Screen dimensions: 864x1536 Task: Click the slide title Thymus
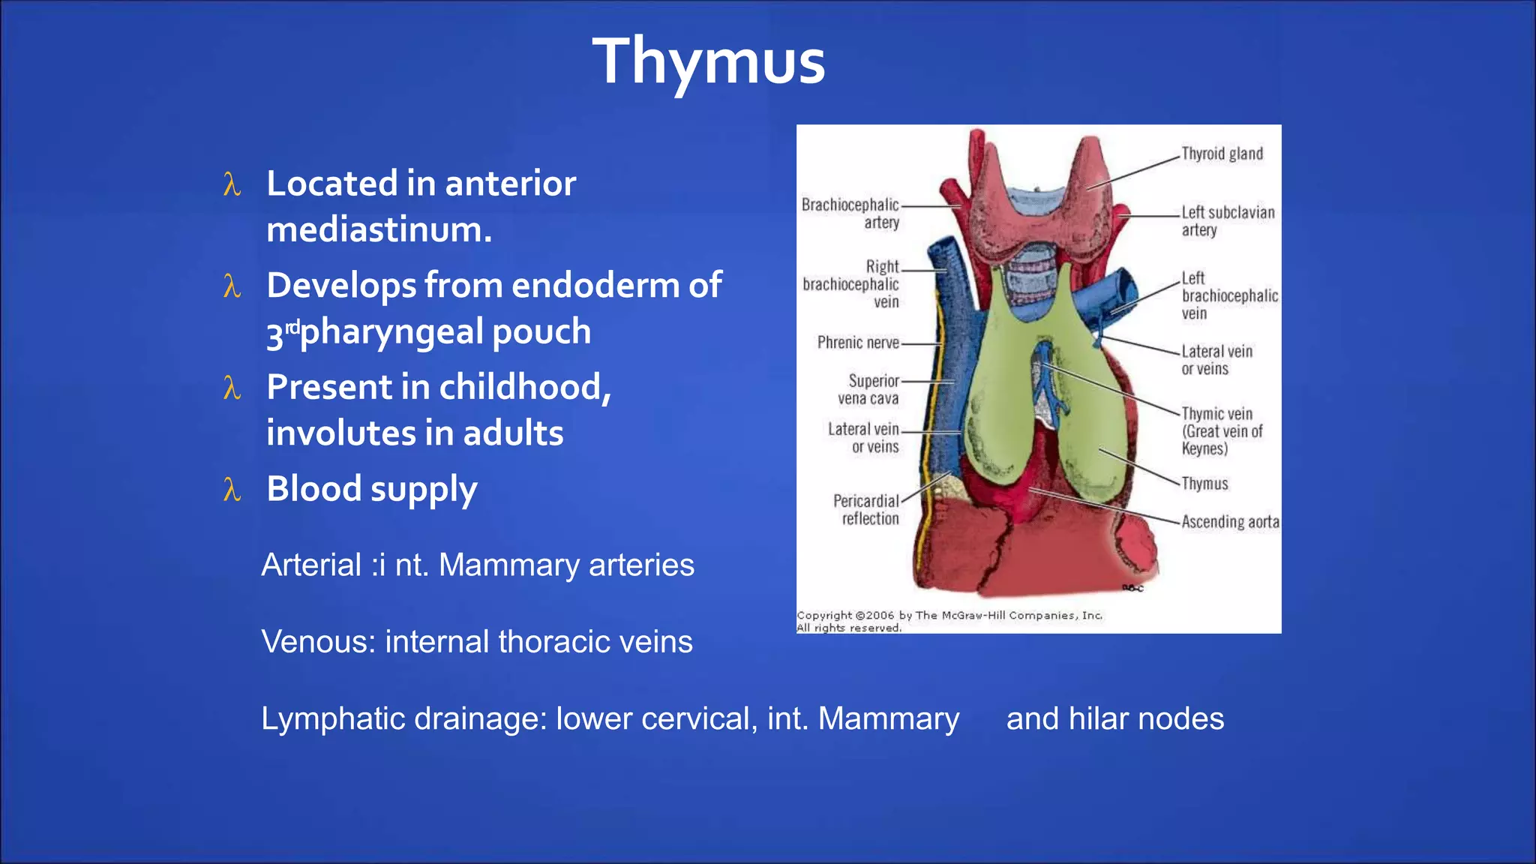tap(708, 61)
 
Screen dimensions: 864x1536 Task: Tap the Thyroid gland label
tap(1222, 154)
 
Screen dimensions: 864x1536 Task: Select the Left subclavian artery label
tap(1227, 221)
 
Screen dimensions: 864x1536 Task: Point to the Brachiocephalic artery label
tap(850, 213)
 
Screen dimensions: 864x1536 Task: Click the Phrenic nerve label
tap(858, 343)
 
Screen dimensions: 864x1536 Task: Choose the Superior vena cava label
tap(868, 389)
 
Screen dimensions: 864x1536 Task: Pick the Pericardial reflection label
tap(866, 509)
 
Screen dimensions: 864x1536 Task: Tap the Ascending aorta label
tap(1230, 521)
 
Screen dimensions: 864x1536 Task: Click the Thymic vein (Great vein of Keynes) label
tap(1221, 431)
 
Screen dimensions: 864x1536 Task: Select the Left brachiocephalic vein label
tap(1228, 295)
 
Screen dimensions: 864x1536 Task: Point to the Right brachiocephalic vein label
tap(852, 284)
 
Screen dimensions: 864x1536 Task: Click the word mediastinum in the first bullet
tap(379, 229)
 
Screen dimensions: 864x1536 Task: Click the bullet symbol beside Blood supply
tap(232, 490)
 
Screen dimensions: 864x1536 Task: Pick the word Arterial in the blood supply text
tap(311, 565)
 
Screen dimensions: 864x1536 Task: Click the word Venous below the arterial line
tap(317, 642)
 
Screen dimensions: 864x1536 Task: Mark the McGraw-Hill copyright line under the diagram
tap(949, 616)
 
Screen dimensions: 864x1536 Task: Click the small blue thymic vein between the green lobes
tap(1045, 375)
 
